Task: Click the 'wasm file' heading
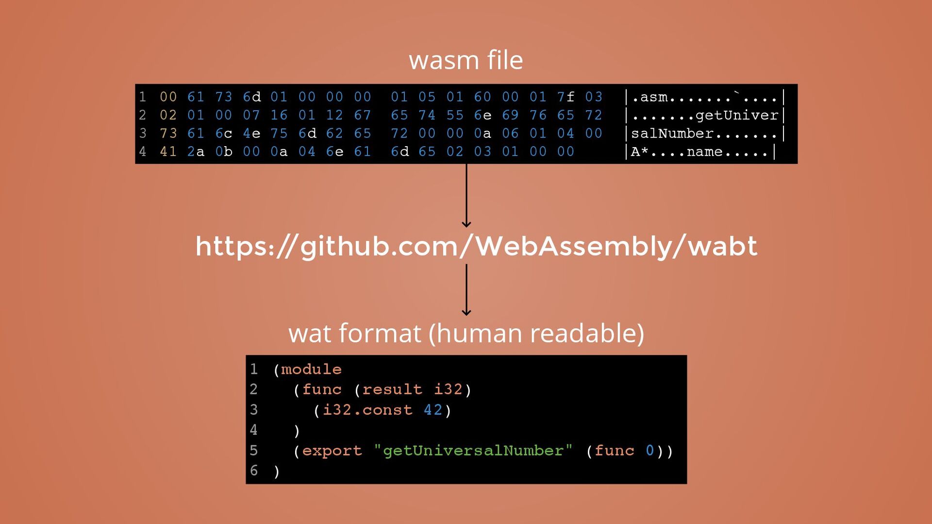[466, 60]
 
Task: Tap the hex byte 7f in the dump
[566, 97]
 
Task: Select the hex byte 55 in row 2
[455, 115]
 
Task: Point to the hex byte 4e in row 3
[251, 134]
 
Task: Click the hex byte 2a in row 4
[196, 152]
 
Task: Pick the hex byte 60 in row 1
[483, 97]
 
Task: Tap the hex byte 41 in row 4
[168, 152]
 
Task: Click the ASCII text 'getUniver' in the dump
[736, 116]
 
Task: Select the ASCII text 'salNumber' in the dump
[672, 134]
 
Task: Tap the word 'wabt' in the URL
[722, 246]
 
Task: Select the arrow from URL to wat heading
[466, 289]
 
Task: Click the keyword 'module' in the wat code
[311, 370]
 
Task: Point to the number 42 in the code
[433, 410]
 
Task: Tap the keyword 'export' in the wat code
[332, 451]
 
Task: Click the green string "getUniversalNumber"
[473, 451]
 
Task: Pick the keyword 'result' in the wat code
[392, 390]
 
